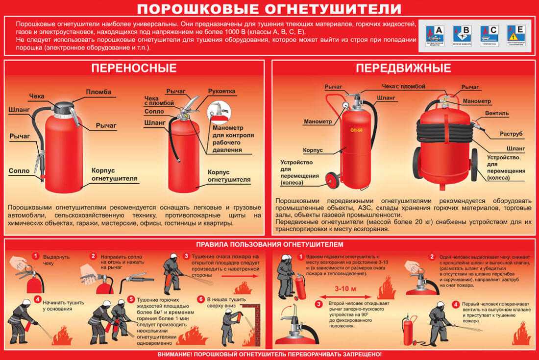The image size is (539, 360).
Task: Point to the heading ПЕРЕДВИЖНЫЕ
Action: click(403, 68)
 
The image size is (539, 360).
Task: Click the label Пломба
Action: click(98, 92)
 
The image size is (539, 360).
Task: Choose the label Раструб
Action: click(511, 133)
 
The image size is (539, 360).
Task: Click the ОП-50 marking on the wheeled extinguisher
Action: click(357, 130)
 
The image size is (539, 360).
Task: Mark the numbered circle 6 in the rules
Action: click(200, 299)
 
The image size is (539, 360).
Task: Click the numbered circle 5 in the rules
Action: click(131, 299)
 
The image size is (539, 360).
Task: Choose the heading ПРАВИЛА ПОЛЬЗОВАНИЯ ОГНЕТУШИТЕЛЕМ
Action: click(269, 244)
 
